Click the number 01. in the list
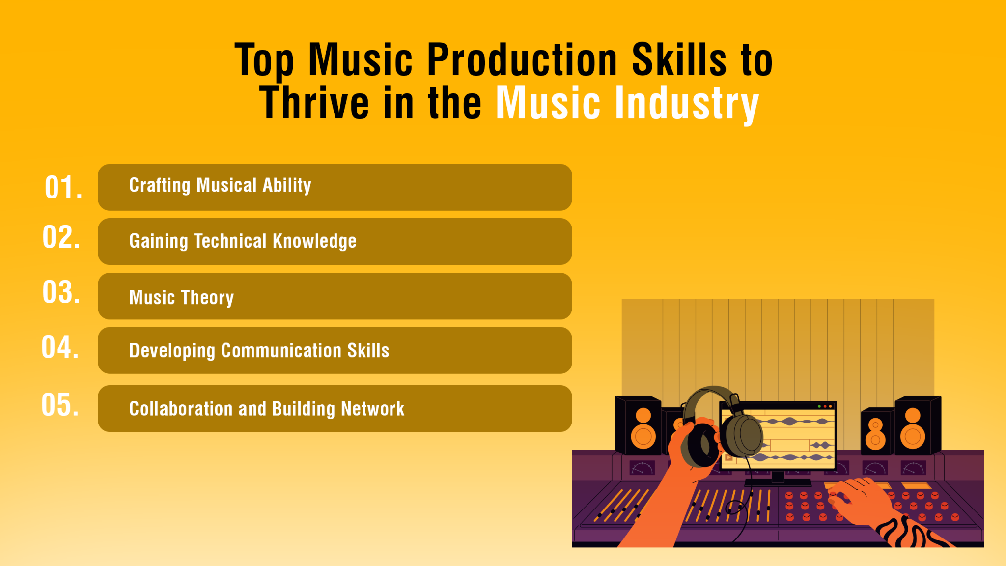(x=63, y=188)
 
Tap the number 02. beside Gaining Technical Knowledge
(x=61, y=237)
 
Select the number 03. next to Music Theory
(x=61, y=292)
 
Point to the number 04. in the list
(x=60, y=347)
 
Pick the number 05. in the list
(x=60, y=405)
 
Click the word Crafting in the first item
(x=160, y=186)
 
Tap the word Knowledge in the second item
(x=314, y=241)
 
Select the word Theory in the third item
(x=207, y=298)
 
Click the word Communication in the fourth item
(x=281, y=351)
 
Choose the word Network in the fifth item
(x=372, y=409)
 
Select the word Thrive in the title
(x=314, y=103)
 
